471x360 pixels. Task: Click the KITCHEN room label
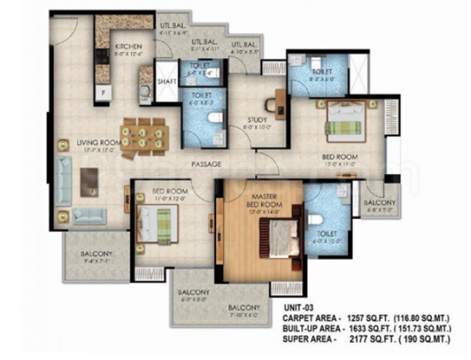pyautogui.click(x=126, y=46)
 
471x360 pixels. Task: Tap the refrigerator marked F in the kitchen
pyautogui.click(x=100, y=93)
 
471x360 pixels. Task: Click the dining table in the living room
pyautogui.click(x=144, y=134)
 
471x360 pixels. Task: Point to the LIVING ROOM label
pyautogui.click(x=98, y=143)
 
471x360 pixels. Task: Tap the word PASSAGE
pyautogui.click(x=206, y=164)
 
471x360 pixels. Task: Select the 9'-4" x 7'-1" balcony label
pyautogui.click(x=97, y=254)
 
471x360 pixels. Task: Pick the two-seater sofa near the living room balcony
pyautogui.click(x=93, y=216)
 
